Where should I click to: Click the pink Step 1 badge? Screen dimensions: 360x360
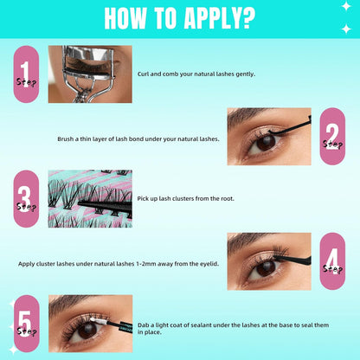click(27, 74)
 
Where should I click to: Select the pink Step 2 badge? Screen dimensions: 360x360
click(332, 136)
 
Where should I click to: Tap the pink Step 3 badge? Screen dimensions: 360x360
click(27, 199)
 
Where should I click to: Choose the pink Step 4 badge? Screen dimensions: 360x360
click(332, 260)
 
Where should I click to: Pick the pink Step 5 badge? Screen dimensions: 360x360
click(27, 325)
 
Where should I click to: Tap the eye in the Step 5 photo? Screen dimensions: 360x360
click(87, 331)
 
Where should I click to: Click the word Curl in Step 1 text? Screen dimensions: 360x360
click(144, 74)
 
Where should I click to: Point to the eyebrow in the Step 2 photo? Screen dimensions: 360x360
click(260, 119)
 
